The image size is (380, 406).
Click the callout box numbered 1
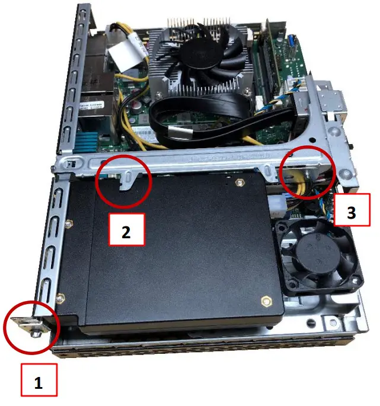point(39,382)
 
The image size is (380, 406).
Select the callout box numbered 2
point(126,232)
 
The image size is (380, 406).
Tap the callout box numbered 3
point(352,212)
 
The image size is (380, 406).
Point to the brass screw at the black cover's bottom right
point(264,300)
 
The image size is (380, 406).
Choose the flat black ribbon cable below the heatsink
point(202,119)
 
